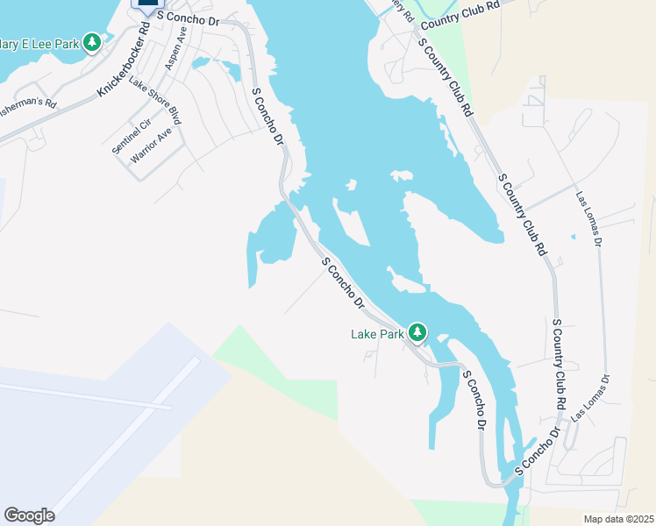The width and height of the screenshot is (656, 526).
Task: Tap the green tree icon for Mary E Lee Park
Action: (92, 42)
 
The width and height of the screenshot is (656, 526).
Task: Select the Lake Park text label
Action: (377, 333)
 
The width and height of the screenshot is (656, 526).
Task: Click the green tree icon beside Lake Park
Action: (418, 332)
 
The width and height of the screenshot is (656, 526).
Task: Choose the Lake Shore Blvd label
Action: (154, 100)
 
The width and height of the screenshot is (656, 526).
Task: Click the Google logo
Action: (29, 515)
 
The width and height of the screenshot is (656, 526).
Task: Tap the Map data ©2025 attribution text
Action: (618, 519)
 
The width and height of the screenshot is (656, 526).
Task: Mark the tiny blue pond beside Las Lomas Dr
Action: (573, 236)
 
